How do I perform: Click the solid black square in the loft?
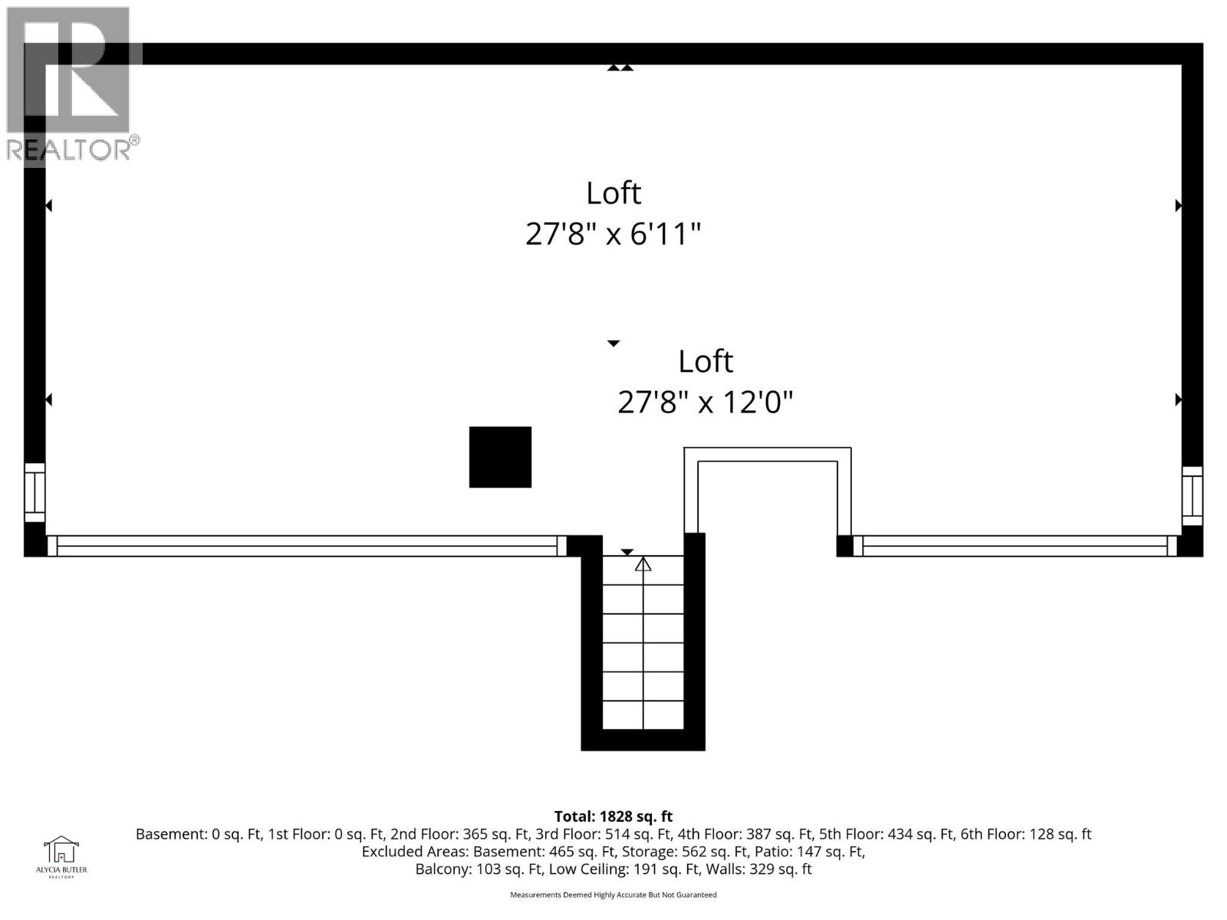point(500,457)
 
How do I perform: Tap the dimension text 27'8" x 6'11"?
point(613,234)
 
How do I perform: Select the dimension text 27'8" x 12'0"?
point(705,402)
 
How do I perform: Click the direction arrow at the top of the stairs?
point(643,565)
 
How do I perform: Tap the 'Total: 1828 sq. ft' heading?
point(613,816)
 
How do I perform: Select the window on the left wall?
point(35,491)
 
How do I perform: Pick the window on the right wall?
point(1192,495)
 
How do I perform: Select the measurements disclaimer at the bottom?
point(613,895)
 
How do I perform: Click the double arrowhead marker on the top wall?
point(620,68)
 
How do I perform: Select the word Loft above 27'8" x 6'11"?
point(613,193)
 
